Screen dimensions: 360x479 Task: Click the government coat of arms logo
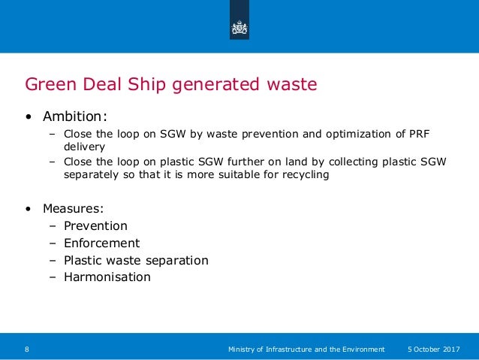[239, 29]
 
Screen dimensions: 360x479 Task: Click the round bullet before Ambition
[29, 117]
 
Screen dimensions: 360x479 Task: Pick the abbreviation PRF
[421, 135]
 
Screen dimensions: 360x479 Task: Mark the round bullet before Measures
[29, 207]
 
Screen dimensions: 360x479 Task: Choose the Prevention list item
[95, 226]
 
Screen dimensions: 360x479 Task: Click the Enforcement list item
[101, 244]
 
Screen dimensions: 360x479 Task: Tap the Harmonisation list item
[107, 277]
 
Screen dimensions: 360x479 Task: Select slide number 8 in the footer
[27, 349]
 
